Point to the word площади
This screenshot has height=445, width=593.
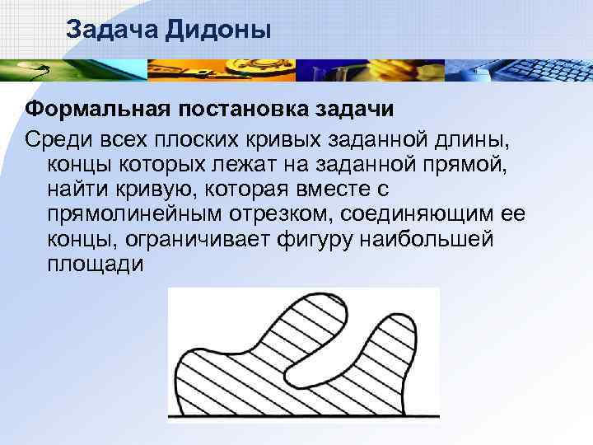coord(96,265)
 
